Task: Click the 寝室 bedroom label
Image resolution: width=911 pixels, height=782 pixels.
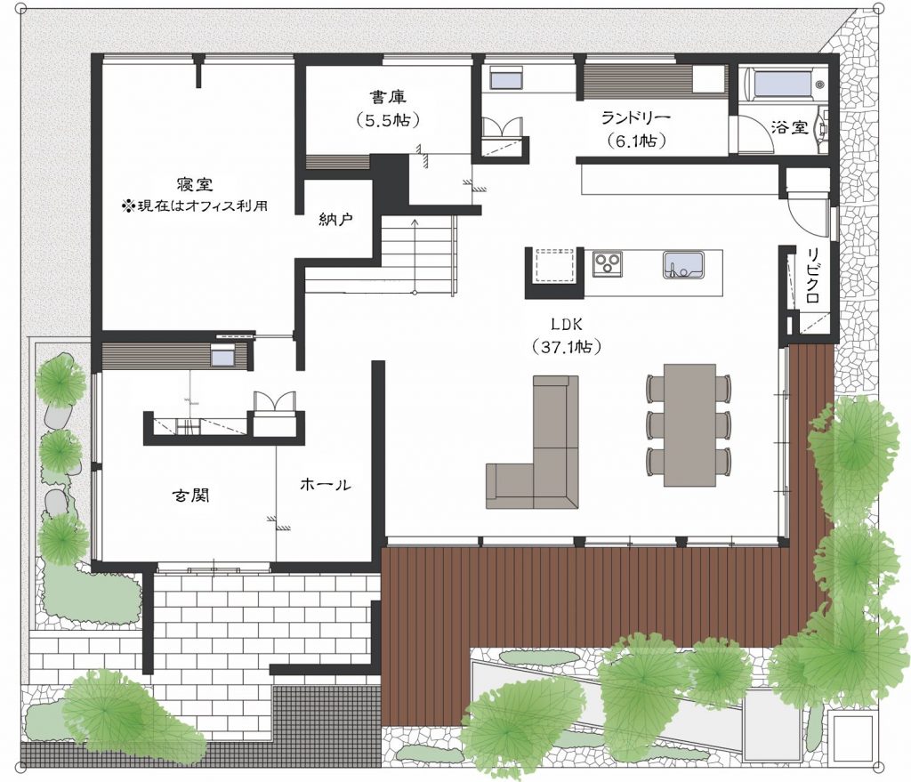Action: pos(195,184)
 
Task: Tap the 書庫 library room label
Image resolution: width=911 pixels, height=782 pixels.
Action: pos(388,96)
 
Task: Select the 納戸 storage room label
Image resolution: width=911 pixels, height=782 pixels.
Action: pos(335,219)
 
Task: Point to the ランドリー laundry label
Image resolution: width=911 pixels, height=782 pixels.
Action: pos(635,118)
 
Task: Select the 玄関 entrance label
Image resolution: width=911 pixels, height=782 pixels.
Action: pos(191,495)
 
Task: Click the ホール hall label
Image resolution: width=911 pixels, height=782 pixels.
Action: pos(326,485)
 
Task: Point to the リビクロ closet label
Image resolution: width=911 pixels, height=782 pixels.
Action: pos(812,275)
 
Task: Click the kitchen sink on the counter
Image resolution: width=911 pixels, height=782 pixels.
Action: pos(683,264)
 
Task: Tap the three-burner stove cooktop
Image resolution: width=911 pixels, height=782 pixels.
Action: pos(607,263)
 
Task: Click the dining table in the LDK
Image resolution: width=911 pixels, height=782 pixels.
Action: pos(689,424)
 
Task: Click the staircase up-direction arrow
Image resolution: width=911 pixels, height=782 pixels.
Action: pos(415,254)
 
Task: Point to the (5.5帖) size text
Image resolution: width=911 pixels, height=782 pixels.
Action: pos(388,120)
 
